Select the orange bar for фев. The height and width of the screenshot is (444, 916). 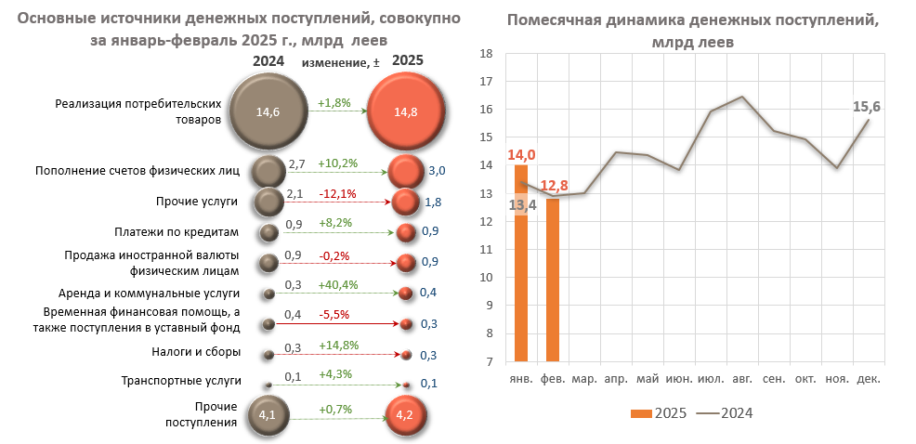coord(553,280)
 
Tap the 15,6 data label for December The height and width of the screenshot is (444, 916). coord(866,107)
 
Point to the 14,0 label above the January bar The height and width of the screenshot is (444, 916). coord(521,155)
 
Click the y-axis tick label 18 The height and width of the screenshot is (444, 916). coord(484,54)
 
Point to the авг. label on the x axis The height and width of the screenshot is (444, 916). coord(742,379)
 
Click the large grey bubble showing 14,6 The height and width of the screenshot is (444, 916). coord(268,111)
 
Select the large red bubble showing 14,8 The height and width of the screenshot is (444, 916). coord(406,111)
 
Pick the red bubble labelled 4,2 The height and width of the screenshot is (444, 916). coord(406,415)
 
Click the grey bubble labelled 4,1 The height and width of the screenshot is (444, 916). coord(268,415)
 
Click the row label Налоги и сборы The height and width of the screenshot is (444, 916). coord(183,352)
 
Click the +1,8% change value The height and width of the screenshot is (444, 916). coord(334,103)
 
